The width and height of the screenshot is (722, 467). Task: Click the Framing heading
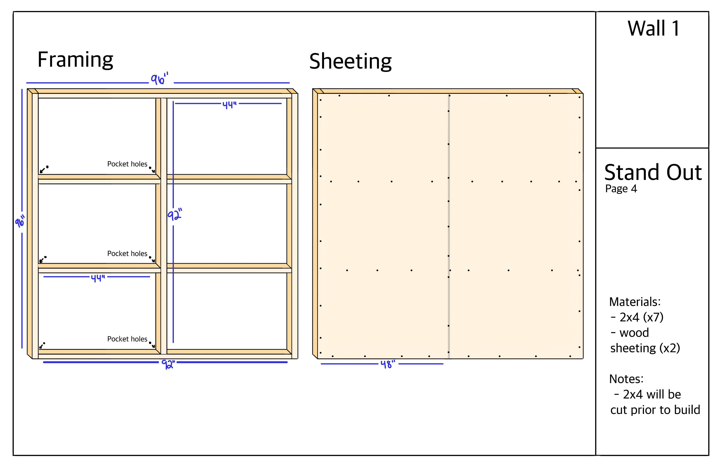coord(75,60)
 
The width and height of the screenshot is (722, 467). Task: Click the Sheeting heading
coord(350,62)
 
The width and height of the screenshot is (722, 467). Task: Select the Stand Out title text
coord(653,172)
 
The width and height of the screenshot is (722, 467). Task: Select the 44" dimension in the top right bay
coord(229,105)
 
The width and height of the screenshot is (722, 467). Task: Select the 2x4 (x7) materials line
coord(641,317)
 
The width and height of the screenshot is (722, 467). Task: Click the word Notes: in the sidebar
coord(626,379)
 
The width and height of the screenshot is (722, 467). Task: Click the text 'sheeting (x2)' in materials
coord(645,348)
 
